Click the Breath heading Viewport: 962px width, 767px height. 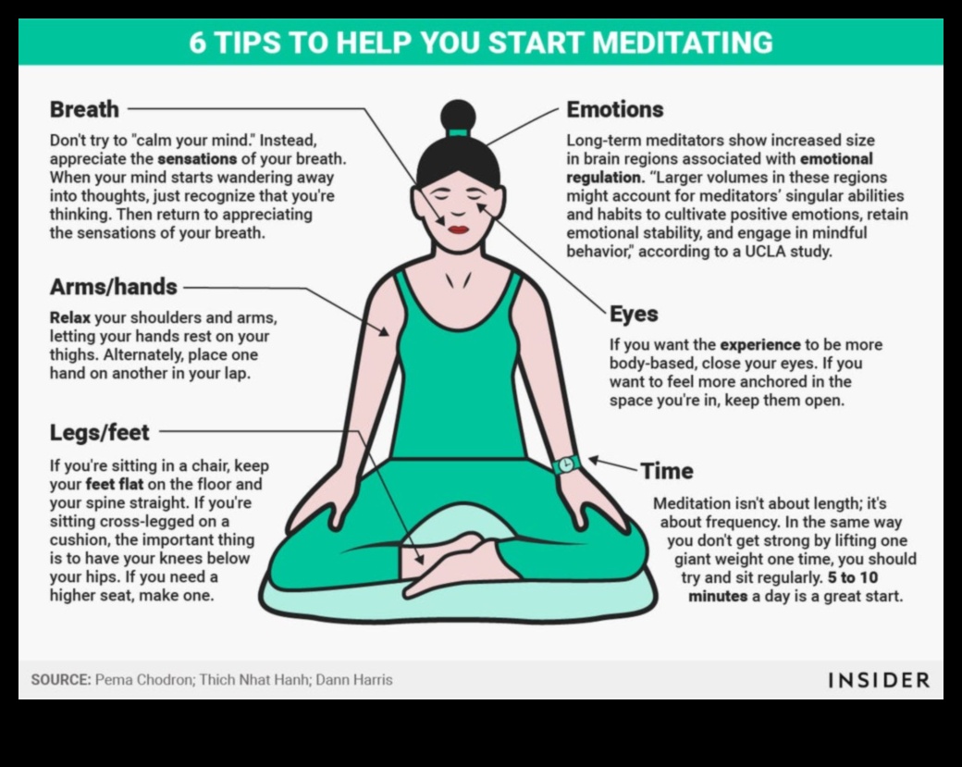click(84, 109)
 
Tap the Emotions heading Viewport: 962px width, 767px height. click(615, 109)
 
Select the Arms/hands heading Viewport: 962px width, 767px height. click(113, 287)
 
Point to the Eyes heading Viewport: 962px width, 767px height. click(634, 314)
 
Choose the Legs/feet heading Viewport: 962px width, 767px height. click(99, 432)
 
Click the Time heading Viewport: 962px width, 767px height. click(667, 471)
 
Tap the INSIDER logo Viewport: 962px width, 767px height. click(878, 680)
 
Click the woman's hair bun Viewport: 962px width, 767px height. click(457, 117)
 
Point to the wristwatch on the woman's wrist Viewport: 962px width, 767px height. click(563, 464)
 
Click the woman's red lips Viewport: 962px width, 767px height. click(457, 228)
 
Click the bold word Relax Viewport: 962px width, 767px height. click(70, 318)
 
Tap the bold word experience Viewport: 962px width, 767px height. click(760, 345)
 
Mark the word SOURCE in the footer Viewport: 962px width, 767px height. click(60, 680)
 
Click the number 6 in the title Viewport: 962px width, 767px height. click(198, 43)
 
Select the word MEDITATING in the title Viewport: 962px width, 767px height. click(683, 43)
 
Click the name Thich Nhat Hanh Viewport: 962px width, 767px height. click(261, 680)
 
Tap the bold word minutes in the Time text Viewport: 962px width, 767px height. click(718, 596)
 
